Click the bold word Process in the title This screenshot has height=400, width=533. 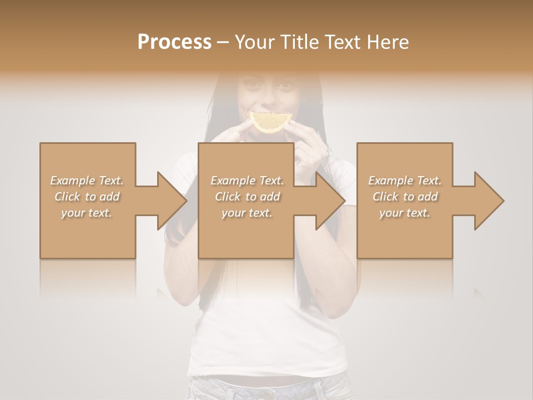[x=174, y=42]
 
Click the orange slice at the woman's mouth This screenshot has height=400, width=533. [x=270, y=122]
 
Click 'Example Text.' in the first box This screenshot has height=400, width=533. [x=87, y=181]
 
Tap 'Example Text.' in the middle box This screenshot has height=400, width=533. [x=247, y=181]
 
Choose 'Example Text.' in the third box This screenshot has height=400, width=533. [x=405, y=181]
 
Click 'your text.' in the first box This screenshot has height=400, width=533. [x=87, y=213]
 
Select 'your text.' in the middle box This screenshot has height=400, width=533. [x=247, y=213]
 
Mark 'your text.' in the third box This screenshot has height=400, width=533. [x=405, y=213]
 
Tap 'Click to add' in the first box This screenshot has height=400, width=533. [x=87, y=197]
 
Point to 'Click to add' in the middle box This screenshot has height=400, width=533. [x=247, y=197]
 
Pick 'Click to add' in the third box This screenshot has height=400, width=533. [x=405, y=197]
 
